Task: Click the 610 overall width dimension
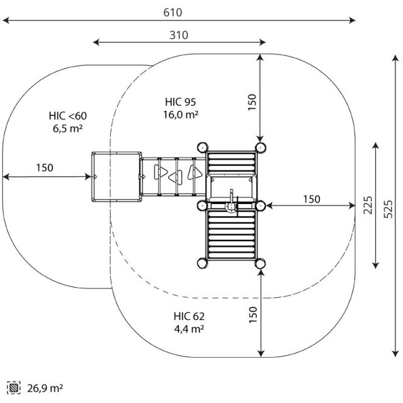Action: [173, 13]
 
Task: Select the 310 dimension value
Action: [179, 35]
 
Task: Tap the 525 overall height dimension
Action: [389, 209]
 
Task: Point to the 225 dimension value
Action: [368, 205]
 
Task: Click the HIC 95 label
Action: [181, 102]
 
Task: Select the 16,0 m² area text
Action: [181, 115]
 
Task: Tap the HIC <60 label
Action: [68, 116]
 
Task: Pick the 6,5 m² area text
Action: [68, 128]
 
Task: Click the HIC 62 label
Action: [189, 316]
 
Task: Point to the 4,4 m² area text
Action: [189, 329]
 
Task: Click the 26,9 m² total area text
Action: [45, 388]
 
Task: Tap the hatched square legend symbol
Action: [14, 388]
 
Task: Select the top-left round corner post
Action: [203, 147]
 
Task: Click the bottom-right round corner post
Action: [260, 263]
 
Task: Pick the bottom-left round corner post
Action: [203, 263]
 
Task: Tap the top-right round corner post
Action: [260, 147]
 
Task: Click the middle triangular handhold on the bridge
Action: [176, 177]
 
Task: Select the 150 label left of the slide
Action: [45, 168]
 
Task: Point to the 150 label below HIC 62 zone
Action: [253, 315]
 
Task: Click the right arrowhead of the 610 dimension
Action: [352, 20]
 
